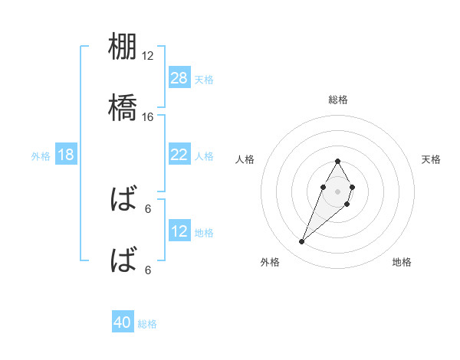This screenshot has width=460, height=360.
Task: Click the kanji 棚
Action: pos(124,47)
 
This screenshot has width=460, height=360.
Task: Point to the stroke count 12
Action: pos(148,56)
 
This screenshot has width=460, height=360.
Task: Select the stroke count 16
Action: pos(148,116)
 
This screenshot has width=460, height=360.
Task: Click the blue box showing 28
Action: pos(179,78)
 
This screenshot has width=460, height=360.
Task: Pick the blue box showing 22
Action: pos(179,155)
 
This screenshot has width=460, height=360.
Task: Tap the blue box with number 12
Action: pos(179,231)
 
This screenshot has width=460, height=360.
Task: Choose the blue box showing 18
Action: pos(66,155)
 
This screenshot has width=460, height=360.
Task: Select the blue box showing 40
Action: pos(123,322)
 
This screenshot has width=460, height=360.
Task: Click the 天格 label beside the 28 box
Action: pos(204,79)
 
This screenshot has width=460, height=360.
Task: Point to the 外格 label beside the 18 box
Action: pos(41,155)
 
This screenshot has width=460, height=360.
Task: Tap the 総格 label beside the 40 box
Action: pos(147,323)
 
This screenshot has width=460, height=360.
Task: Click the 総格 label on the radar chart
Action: pos(338,100)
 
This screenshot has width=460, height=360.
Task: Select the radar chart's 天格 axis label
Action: pos(431,159)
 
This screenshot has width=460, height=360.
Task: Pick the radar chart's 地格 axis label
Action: pos(402,262)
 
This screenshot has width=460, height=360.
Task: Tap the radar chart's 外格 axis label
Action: pos(270,262)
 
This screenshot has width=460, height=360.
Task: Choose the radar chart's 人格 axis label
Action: pos(245,159)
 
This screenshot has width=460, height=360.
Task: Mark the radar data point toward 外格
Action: pos(302,242)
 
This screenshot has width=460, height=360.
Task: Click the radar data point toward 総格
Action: pos(337,162)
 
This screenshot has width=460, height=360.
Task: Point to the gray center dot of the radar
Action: pos(337,190)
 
